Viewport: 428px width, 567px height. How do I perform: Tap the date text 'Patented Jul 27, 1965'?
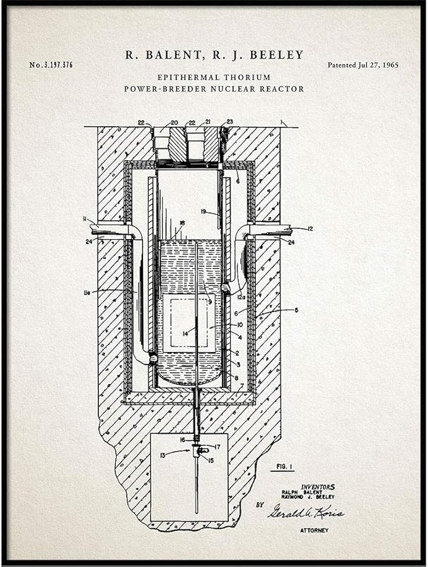pyautogui.click(x=362, y=65)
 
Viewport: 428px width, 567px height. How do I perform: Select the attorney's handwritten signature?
pyautogui.click(x=305, y=511)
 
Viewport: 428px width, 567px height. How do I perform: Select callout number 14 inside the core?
pyautogui.click(x=185, y=333)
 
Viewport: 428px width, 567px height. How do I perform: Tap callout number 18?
pyautogui.click(x=182, y=223)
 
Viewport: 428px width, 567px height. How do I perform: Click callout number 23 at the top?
pyautogui.click(x=229, y=121)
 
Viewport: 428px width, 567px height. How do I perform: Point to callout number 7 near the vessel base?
pyautogui.click(x=241, y=385)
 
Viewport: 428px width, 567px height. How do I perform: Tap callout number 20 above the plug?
pyautogui.click(x=174, y=123)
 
